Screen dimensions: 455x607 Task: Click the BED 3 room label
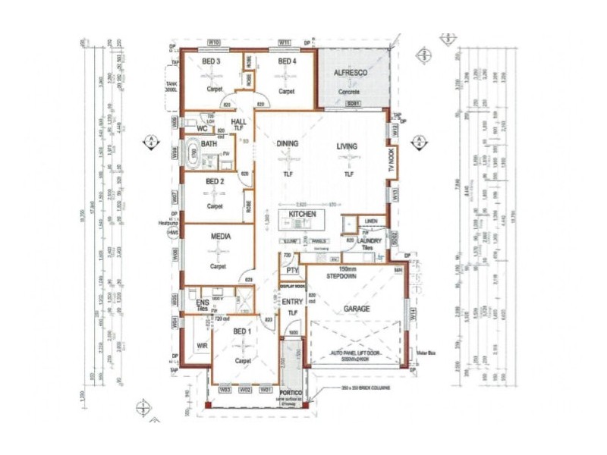[x=212, y=61]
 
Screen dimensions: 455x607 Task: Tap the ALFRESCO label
[x=351, y=72]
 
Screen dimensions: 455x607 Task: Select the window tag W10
[x=214, y=42]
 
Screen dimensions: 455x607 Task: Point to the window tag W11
[x=285, y=42]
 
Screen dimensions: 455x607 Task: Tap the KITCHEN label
[x=301, y=215]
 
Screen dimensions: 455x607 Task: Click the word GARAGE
[x=357, y=309]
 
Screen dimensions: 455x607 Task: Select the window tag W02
[x=244, y=390]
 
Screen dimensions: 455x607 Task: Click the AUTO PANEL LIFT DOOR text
[x=357, y=354]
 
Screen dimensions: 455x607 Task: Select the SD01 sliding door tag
[x=351, y=103]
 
